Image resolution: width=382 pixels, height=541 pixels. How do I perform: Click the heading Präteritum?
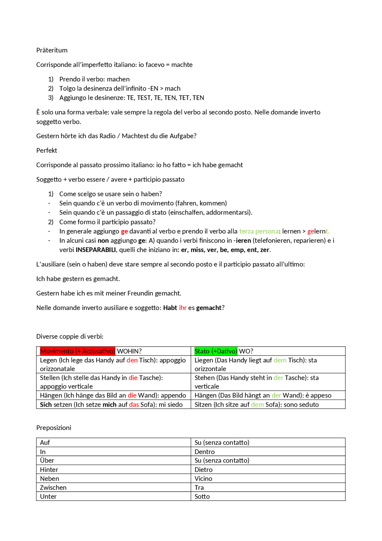(52, 50)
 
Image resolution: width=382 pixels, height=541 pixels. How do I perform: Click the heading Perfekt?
(47, 150)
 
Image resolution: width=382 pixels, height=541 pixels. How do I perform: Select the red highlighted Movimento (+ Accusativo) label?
(77, 351)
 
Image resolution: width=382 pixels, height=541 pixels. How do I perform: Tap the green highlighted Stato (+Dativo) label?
(215, 351)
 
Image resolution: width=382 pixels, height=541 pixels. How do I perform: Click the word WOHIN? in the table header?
(129, 351)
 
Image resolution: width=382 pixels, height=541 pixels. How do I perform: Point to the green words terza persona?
(259, 231)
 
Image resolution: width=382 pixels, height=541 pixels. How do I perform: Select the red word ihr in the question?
(182, 308)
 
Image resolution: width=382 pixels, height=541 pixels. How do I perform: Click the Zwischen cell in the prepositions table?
(53, 488)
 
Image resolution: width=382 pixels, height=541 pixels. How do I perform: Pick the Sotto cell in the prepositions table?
(202, 496)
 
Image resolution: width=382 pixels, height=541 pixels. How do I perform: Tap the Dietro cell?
(204, 470)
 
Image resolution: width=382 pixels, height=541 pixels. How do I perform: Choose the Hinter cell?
(49, 470)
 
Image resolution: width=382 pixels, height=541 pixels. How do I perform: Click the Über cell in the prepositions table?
(47, 460)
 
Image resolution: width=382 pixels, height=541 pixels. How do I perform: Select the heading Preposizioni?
(54, 427)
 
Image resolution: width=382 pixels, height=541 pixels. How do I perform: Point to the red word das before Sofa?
(134, 404)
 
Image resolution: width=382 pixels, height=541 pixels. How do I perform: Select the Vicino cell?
(203, 479)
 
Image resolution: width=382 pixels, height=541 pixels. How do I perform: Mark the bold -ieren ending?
(242, 240)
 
